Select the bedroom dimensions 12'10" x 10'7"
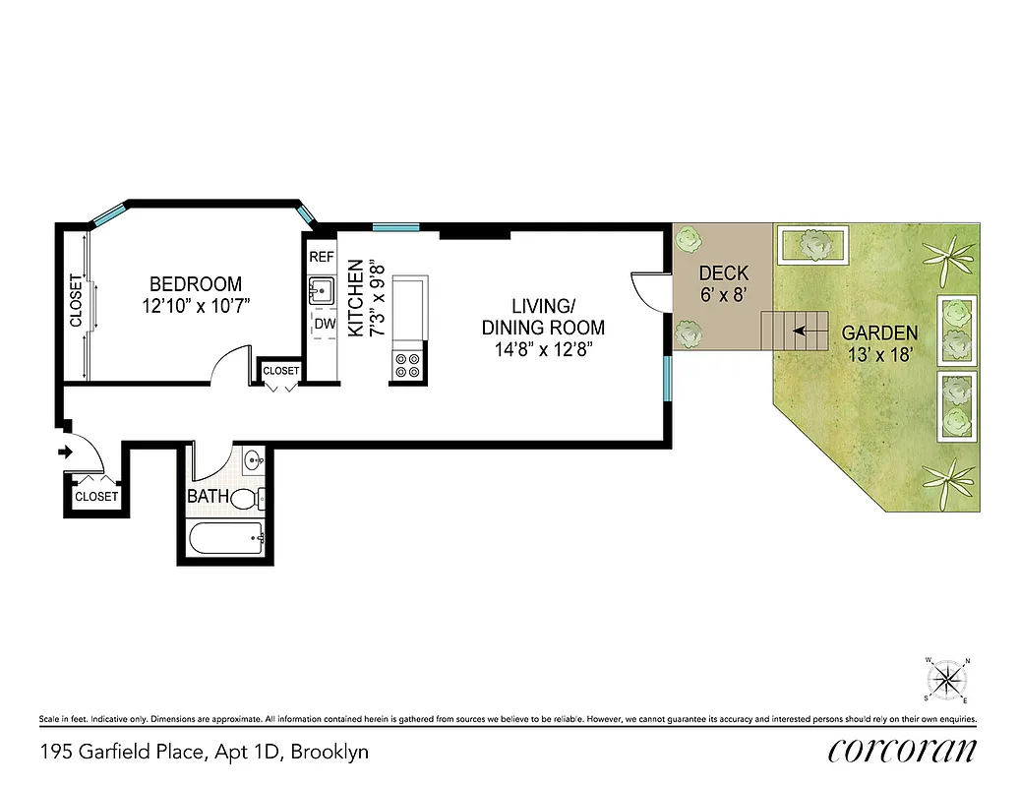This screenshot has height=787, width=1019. coord(197,306)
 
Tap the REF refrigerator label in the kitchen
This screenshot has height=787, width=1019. coord(322,257)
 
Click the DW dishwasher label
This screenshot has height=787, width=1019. coord(323,324)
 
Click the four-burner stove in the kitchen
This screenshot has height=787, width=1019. coord(408,366)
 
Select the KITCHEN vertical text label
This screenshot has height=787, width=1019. coord(356,299)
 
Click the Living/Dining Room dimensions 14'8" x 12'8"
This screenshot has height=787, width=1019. coord(543,348)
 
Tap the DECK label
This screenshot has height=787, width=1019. coord(723,272)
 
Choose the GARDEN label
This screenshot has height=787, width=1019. coord(880,333)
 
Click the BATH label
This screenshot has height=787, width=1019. coord(208,497)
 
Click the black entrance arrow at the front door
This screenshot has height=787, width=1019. coord(66,453)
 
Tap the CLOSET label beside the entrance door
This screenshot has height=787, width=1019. coord(96,497)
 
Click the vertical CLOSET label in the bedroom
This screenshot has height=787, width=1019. coord(76,301)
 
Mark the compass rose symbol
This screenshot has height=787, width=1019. coord(947,678)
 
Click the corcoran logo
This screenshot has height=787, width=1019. coord(902,751)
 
